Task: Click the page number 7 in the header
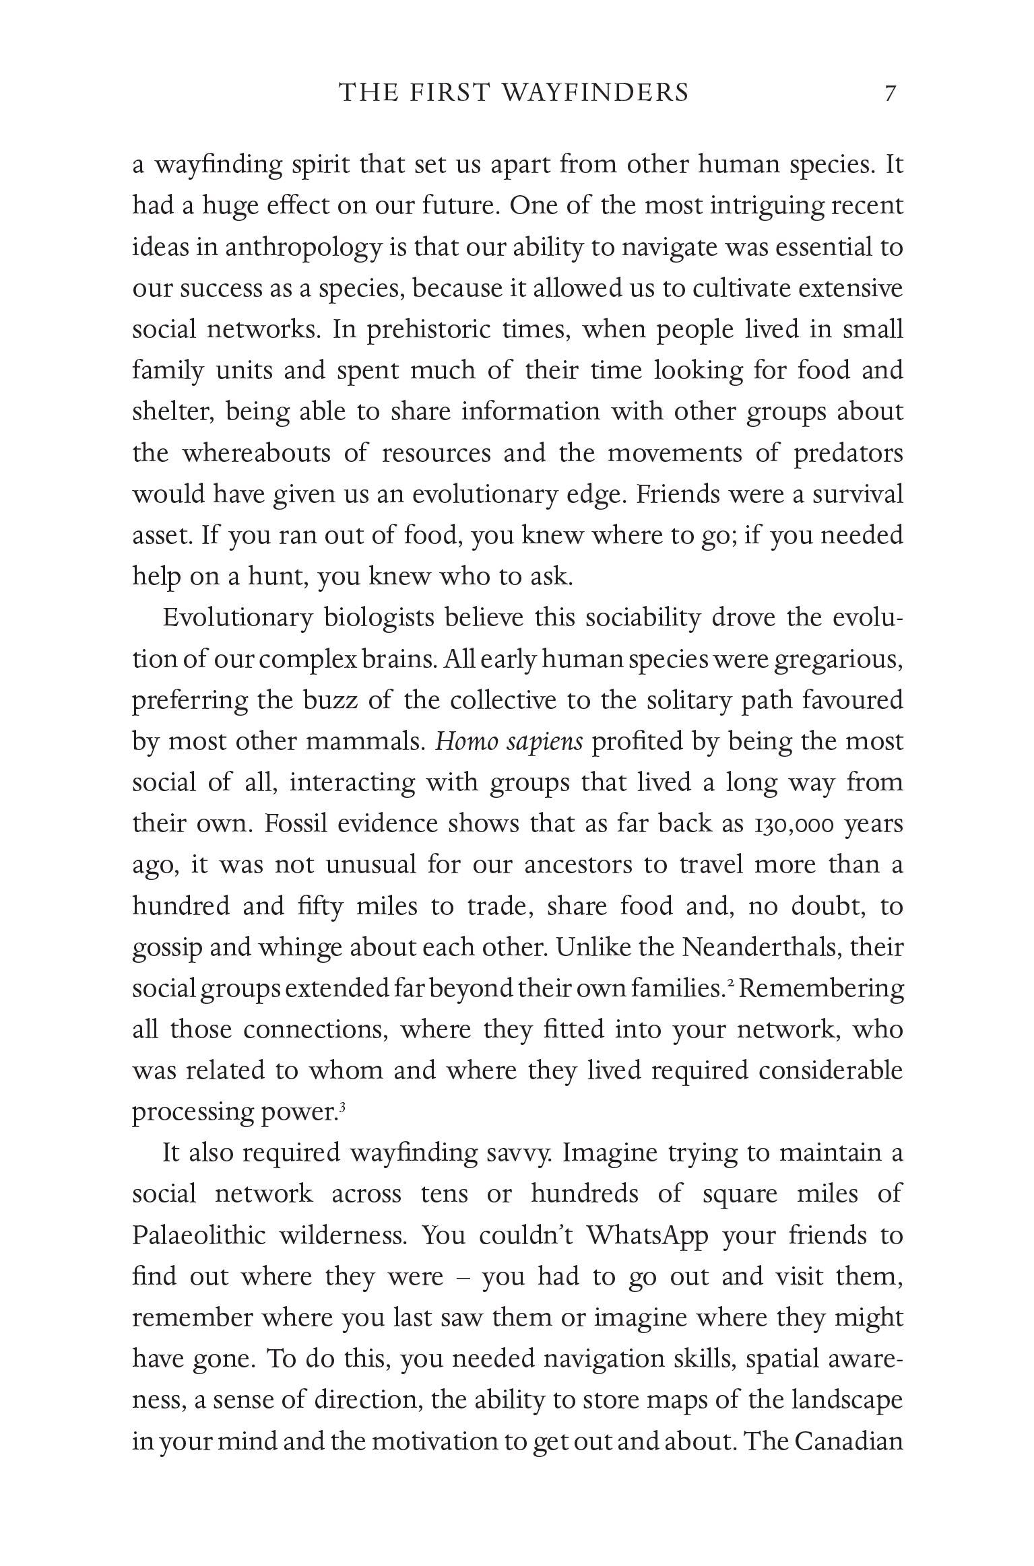[x=891, y=92]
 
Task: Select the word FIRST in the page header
[x=448, y=92]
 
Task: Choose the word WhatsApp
[x=647, y=1235]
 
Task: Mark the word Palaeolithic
[x=199, y=1235]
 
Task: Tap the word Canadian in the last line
[x=848, y=1441]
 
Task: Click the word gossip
[x=167, y=947]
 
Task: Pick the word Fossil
[x=294, y=824]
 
